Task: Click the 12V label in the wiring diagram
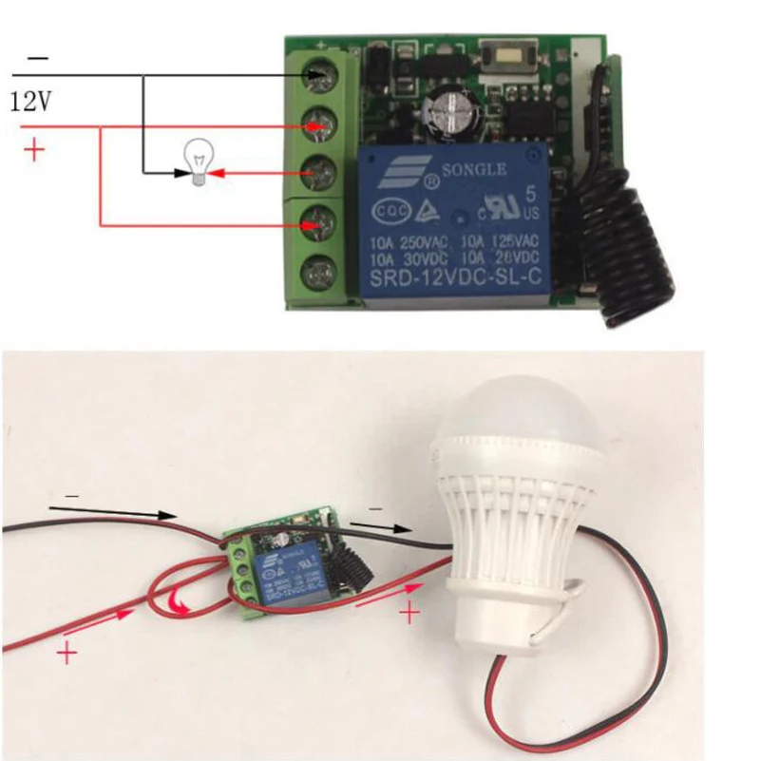click(30, 101)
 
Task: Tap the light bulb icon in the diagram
click(197, 163)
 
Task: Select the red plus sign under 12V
click(33, 150)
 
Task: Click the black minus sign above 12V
click(37, 60)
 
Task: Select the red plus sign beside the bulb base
click(409, 614)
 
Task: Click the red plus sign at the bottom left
click(67, 653)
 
